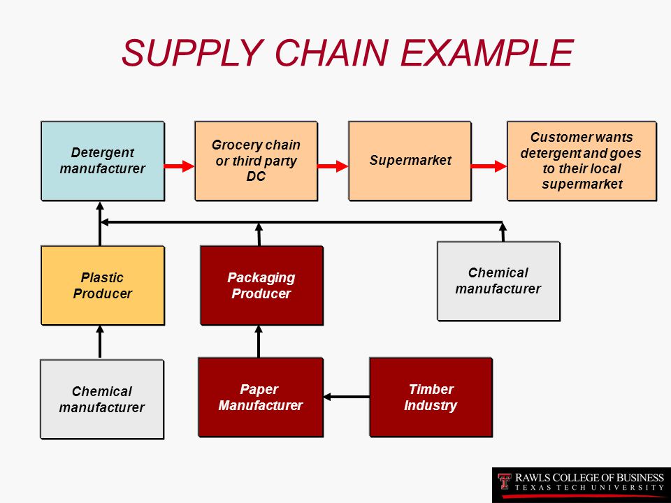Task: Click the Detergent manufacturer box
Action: click(103, 161)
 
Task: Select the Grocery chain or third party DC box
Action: click(256, 161)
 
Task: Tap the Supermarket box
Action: click(410, 161)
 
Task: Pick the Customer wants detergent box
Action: click(582, 161)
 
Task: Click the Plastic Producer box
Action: click(103, 285)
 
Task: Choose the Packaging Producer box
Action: click(261, 285)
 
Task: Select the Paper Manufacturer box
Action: click(261, 398)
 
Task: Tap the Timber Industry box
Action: click(431, 398)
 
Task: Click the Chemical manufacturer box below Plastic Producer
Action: click(102, 399)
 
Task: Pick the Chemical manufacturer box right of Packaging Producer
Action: click(498, 281)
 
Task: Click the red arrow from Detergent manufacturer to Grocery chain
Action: click(180, 166)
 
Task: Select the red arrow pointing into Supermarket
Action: click(333, 166)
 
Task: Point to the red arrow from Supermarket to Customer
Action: click(489, 166)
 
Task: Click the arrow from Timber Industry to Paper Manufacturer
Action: click(347, 397)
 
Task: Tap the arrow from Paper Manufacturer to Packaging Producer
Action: click(259, 342)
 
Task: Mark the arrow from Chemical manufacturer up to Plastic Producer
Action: click(100, 342)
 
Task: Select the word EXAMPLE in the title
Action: click(486, 52)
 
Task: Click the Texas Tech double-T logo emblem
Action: click(505, 481)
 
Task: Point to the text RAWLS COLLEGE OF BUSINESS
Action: click(589, 477)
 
